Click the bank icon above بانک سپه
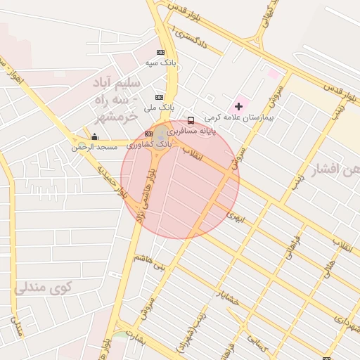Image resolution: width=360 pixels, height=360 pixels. [160, 52]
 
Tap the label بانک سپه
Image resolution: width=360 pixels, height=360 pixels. [160, 63]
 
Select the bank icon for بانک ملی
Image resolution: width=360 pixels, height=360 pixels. [160, 97]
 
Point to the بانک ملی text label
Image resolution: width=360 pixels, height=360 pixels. [159, 108]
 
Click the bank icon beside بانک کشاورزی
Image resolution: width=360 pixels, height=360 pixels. [148, 133]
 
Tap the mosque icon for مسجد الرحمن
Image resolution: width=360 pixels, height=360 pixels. [95, 136]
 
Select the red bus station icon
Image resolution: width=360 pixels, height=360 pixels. [191, 120]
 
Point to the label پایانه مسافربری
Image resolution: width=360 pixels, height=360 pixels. [191, 131]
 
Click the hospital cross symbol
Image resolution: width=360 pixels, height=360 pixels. [239, 106]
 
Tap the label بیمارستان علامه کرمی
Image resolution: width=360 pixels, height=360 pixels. [239, 117]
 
